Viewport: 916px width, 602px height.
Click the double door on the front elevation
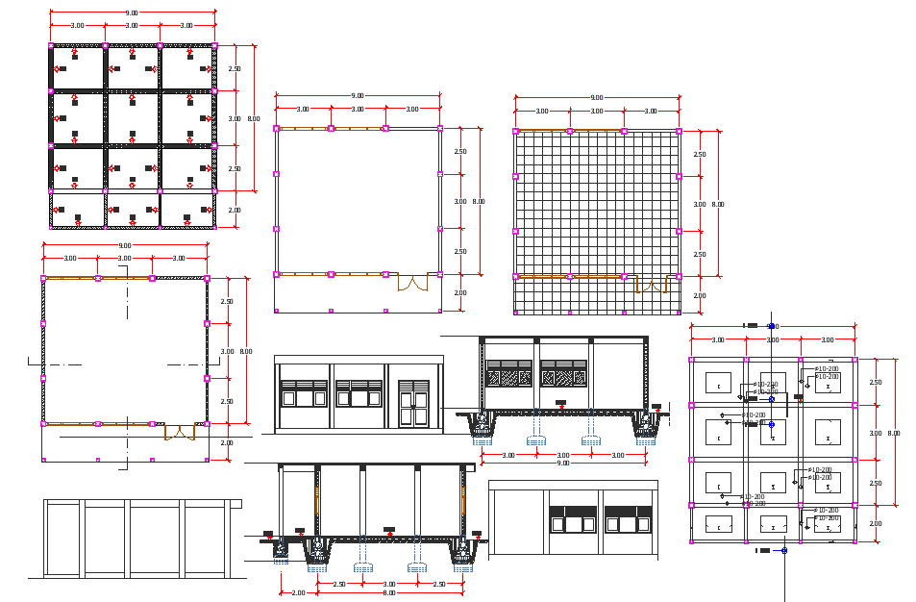click(413, 402)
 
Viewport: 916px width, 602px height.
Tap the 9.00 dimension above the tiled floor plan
click(597, 97)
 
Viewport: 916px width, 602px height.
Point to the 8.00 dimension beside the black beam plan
click(254, 118)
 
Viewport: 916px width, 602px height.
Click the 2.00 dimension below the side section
click(298, 592)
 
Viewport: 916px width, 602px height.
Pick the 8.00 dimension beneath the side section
click(389, 592)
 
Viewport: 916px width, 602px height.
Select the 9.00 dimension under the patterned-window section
click(563, 463)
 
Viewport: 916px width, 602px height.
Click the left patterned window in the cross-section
click(509, 374)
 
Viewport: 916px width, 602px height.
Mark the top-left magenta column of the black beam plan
click(51, 45)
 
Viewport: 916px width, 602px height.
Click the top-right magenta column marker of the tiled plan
click(679, 131)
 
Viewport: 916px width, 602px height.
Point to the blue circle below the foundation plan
click(783, 550)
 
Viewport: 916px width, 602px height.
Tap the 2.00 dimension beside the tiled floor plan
click(699, 295)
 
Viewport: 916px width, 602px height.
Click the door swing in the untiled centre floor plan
click(414, 283)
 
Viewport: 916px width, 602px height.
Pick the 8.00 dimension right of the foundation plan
click(894, 433)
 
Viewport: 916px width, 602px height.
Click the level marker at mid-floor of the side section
click(388, 530)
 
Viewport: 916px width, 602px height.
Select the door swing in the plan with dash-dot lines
click(179, 432)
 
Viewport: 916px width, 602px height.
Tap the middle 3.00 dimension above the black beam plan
click(131, 25)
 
